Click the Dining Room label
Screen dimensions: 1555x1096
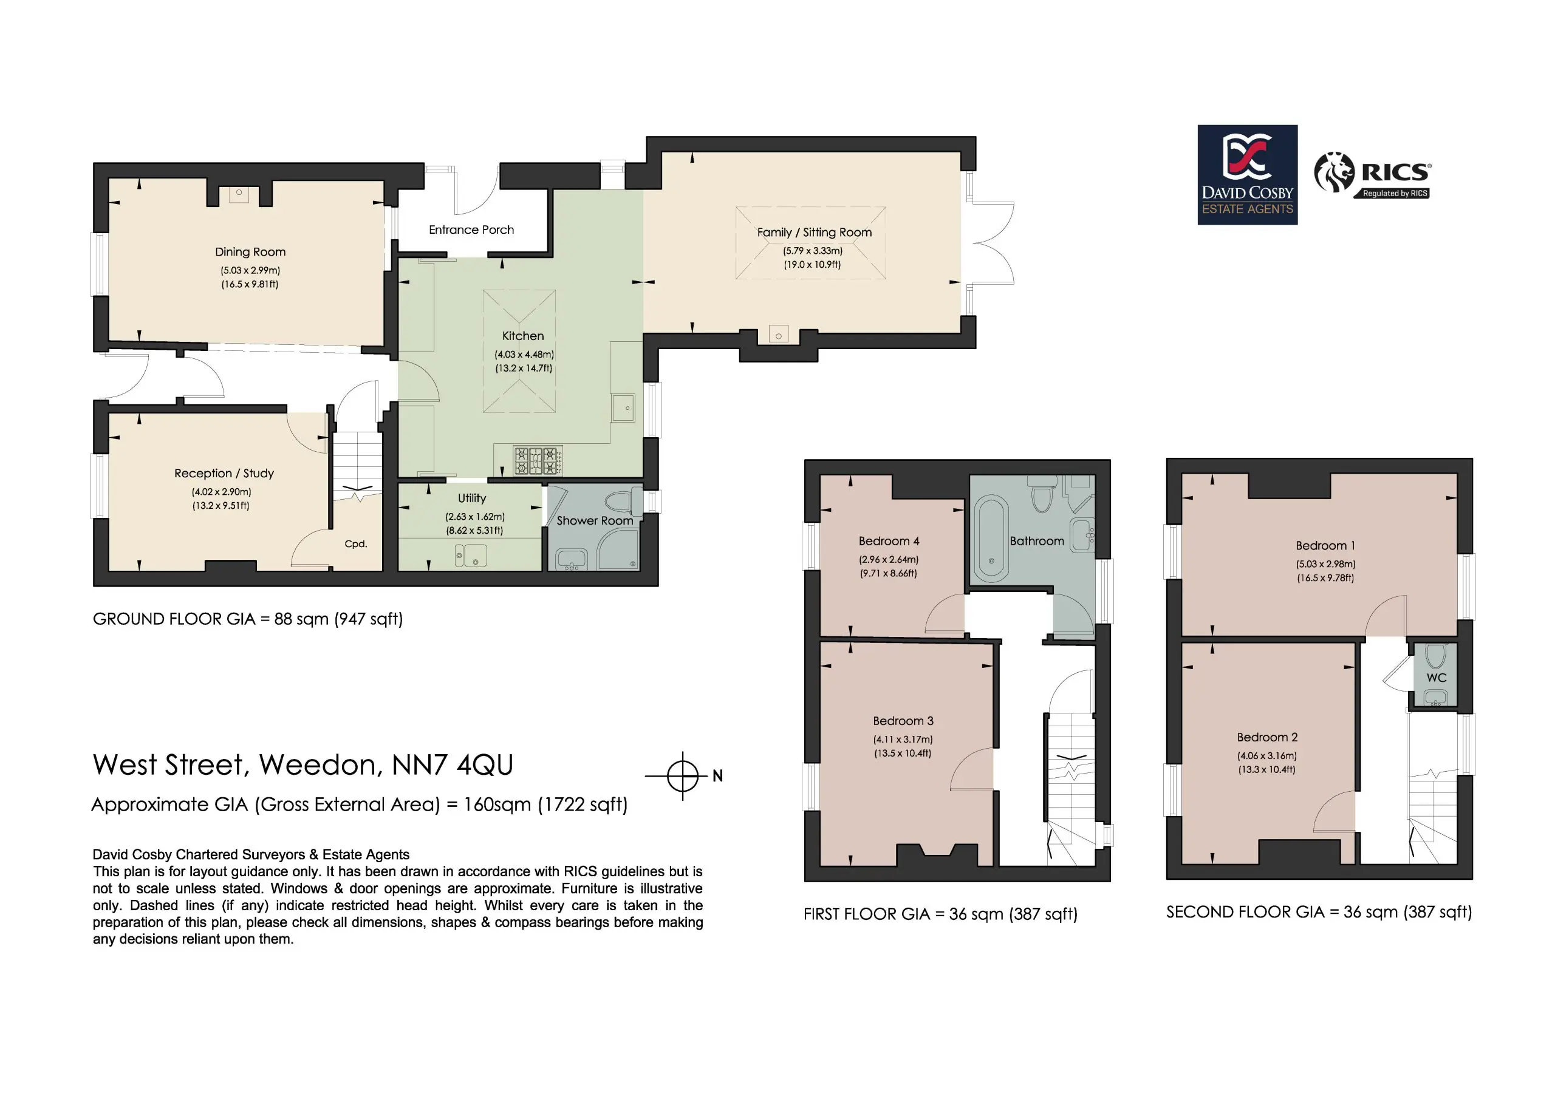coord(250,252)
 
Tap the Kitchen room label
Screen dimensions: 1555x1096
coord(523,336)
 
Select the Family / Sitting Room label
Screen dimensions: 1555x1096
coord(814,232)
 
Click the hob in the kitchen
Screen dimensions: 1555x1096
coord(538,461)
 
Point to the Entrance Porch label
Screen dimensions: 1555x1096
coord(471,230)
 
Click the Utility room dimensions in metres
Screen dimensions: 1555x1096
coord(475,517)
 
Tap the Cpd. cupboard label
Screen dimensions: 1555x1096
coord(355,543)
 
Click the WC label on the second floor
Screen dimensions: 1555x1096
coord(1437,678)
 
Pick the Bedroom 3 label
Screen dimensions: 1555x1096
coord(903,721)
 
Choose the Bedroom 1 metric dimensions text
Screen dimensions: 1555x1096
coord(1325,564)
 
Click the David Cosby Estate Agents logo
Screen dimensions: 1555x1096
coord(1248,175)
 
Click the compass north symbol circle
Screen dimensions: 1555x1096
coord(683,776)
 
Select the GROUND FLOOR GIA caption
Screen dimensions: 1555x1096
coord(248,619)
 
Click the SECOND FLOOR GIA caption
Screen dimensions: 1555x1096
coord(1319,913)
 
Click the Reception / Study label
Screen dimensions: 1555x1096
coord(224,473)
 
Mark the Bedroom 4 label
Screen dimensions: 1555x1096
coord(889,541)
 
